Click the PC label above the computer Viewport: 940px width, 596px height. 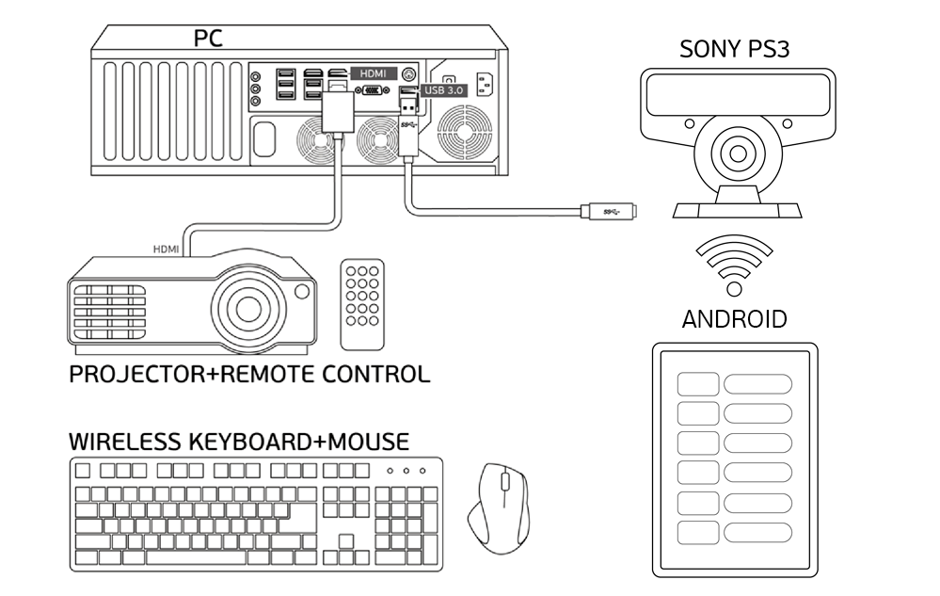pyautogui.click(x=209, y=38)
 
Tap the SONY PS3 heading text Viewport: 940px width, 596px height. pyautogui.click(x=734, y=50)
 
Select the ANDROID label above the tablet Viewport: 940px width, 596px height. pyautogui.click(x=734, y=318)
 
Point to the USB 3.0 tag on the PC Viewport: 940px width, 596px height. pyautogui.click(x=444, y=91)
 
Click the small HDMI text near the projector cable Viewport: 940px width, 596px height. pyautogui.click(x=167, y=250)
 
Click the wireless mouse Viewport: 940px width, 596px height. pyautogui.click(x=499, y=506)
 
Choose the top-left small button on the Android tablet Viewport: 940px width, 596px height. pyautogui.click(x=698, y=383)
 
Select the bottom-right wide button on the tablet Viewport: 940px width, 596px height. pyautogui.click(x=758, y=531)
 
